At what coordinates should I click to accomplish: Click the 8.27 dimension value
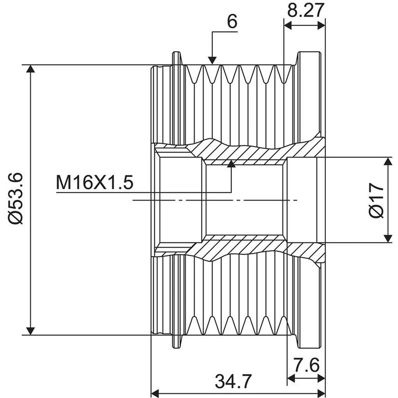click(x=305, y=10)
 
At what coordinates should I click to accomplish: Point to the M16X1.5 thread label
click(x=95, y=183)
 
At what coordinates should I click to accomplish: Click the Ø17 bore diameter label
click(x=376, y=200)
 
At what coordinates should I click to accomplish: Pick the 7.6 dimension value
click(x=306, y=365)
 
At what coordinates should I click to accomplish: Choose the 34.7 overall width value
click(x=233, y=381)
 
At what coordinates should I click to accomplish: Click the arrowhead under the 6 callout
click(x=212, y=60)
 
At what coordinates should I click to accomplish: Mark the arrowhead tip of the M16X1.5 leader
click(x=231, y=160)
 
